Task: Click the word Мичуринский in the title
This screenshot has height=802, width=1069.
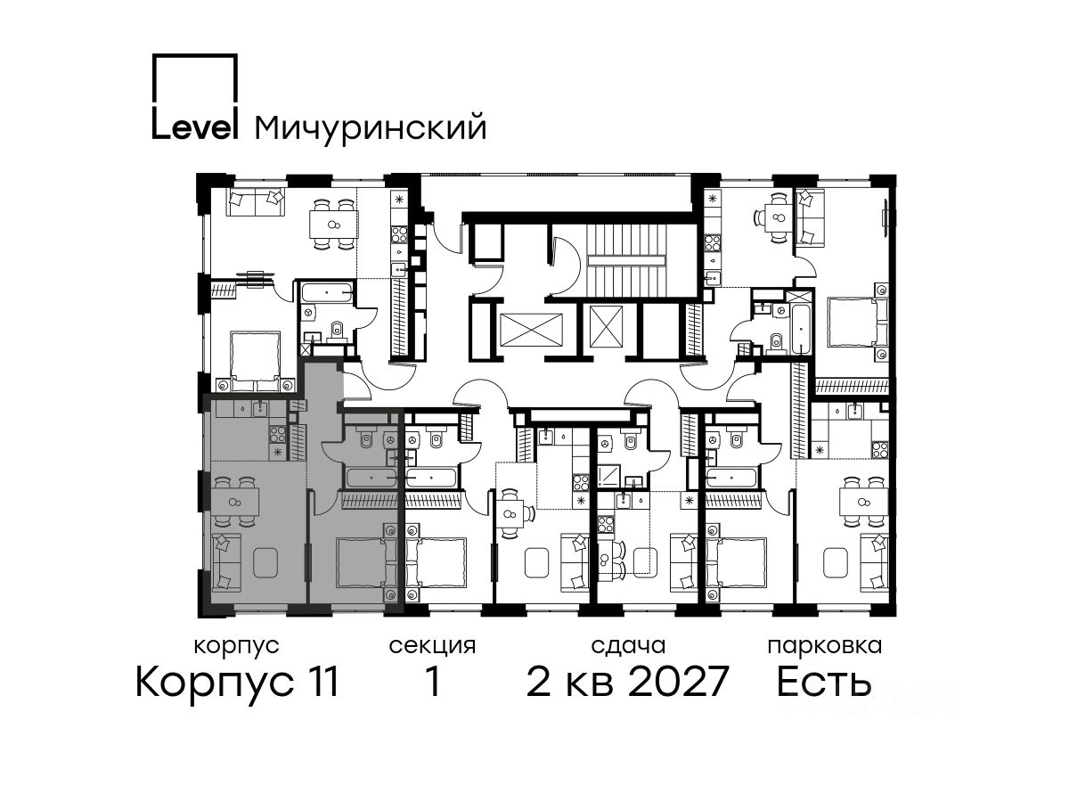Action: [371, 129]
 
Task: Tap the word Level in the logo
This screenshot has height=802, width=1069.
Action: [194, 127]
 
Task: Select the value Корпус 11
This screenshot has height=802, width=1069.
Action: [237, 683]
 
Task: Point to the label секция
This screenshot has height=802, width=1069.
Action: [432, 647]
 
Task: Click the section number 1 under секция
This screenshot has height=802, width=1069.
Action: [432, 682]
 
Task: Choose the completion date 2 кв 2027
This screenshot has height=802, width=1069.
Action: [627, 682]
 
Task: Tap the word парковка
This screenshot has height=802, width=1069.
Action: [825, 647]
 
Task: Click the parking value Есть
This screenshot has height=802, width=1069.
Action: [823, 682]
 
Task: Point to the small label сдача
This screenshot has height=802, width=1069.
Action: [628, 647]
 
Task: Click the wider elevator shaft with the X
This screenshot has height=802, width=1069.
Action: [531, 330]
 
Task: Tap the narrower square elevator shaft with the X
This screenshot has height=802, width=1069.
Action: [606, 327]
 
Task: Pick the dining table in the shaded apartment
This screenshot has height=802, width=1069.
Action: [234, 502]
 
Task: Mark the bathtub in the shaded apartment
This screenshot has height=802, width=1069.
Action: [371, 478]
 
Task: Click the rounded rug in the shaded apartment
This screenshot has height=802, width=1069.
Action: [265, 562]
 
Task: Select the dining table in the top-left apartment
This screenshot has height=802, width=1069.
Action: [333, 225]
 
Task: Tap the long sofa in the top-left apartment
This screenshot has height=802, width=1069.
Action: [255, 201]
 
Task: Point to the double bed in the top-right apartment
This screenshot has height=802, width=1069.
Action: [858, 322]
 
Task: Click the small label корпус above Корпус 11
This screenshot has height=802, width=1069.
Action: [237, 647]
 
